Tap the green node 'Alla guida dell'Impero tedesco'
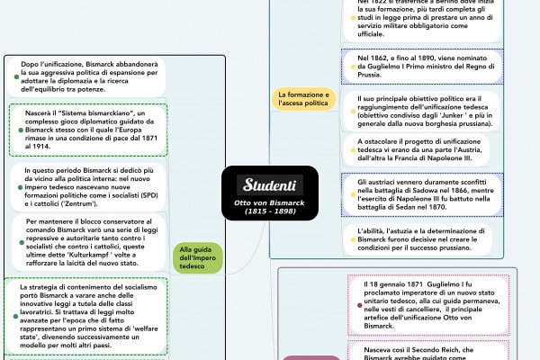click(x=196, y=257)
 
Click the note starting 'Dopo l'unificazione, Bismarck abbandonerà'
click(x=85, y=76)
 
